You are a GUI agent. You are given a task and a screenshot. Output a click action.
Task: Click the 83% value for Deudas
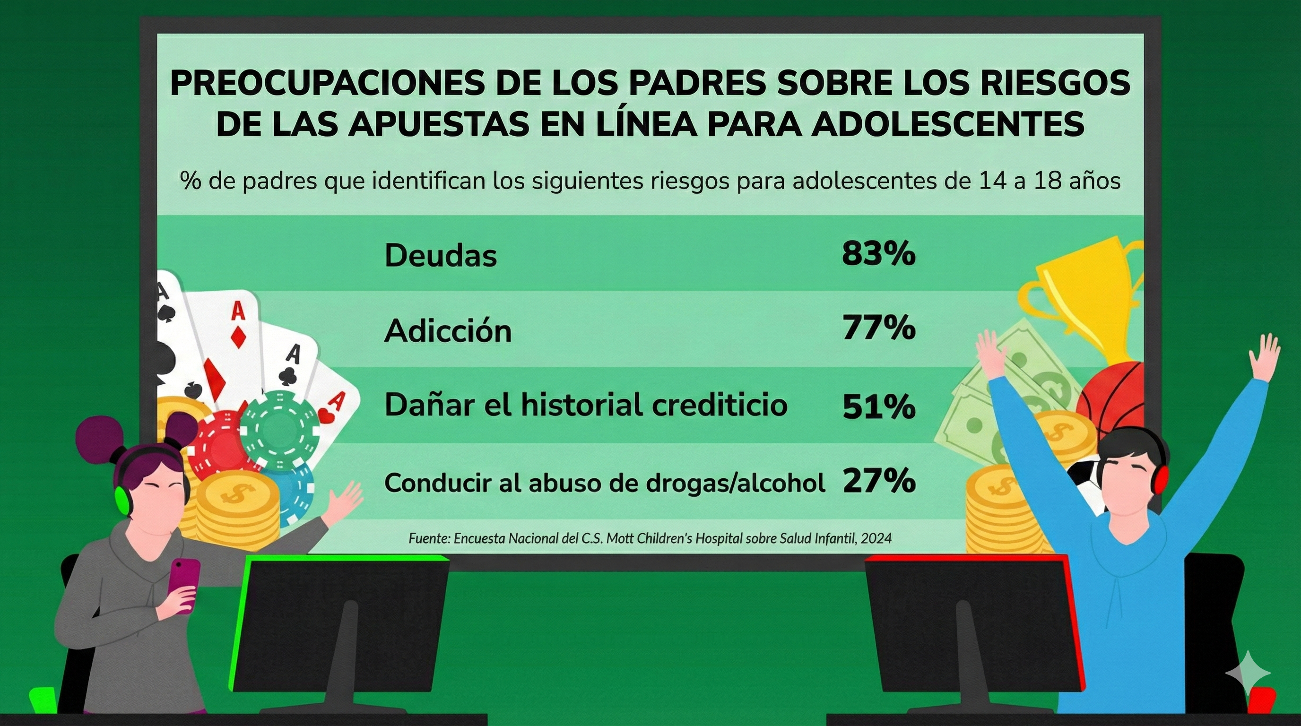coord(878,253)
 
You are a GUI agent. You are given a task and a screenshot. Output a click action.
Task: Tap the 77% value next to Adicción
coord(878,328)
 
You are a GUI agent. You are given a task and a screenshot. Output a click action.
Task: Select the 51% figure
coord(878,406)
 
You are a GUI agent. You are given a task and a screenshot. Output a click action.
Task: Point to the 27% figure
coord(878,481)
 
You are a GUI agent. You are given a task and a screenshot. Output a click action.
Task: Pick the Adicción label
coord(448,331)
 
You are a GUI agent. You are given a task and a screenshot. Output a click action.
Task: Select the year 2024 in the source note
coord(876,538)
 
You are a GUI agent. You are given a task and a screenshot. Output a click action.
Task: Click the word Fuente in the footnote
coord(429,538)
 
